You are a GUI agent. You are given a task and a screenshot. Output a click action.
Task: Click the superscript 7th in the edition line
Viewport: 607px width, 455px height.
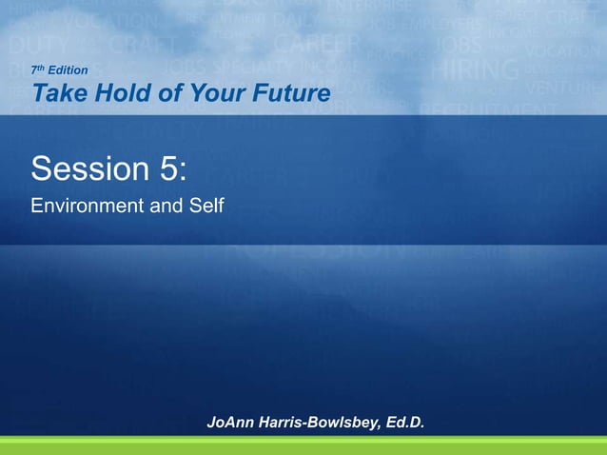pyautogui.click(x=38, y=69)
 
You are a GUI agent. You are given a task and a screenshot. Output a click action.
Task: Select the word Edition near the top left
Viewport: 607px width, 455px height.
pyautogui.click(x=68, y=70)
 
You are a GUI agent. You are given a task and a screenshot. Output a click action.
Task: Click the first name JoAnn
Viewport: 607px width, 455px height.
pyautogui.click(x=228, y=422)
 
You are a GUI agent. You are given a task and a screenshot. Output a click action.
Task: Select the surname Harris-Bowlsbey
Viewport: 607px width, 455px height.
pyautogui.click(x=316, y=422)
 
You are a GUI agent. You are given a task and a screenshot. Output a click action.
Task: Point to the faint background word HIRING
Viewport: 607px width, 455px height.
pyautogui.click(x=475, y=69)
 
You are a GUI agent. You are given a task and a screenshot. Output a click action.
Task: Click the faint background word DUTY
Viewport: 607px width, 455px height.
pyautogui.click(x=33, y=44)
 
